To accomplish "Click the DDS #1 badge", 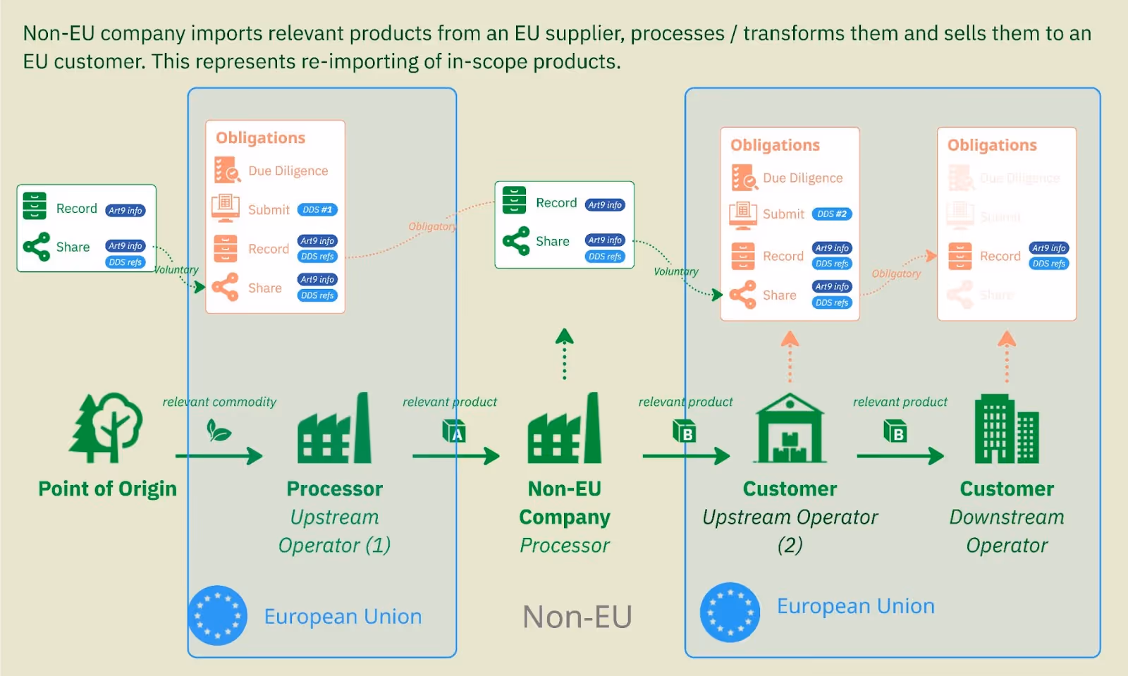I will click(x=317, y=210).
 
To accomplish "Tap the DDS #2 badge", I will click(x=832, y=214).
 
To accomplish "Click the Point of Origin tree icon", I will click(x=106, y=427).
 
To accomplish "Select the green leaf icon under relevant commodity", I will click(x=219, y=430).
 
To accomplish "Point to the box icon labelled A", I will click(x=454, y=431).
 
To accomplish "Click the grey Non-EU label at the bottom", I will click(x=577, y=617).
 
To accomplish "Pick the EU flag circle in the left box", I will click(x=218, y=615).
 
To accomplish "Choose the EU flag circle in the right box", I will click(x=730, y=612).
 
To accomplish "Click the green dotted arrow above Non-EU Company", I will click(x=564, y=354).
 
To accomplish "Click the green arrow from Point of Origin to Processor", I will click(x=219, y=456).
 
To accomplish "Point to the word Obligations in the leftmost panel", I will click(x=260, y=138).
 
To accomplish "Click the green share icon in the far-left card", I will click(x=37, y=247).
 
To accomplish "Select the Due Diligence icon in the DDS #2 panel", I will click(x=743, y=178).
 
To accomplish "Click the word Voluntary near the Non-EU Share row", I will click(x=675, y=271).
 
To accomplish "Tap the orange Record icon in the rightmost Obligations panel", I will click(x=960, y=256).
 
